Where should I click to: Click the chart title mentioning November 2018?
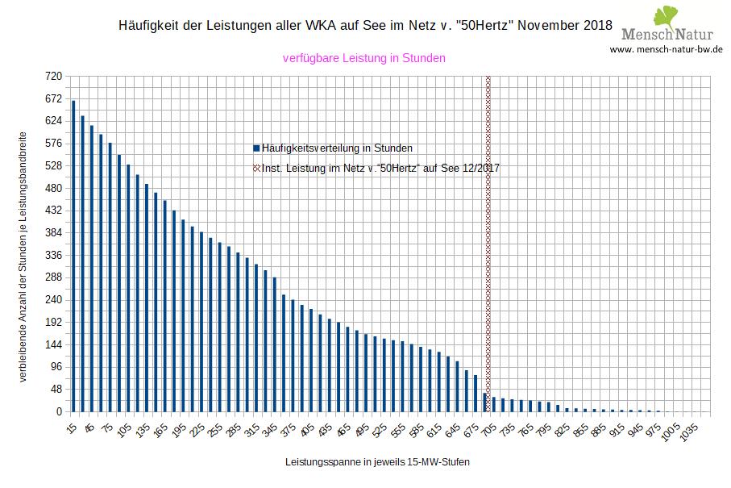click(x=365, y=25)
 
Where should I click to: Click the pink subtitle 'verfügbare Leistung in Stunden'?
click(x=364, y=58)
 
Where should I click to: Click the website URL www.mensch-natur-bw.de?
click(x=666, y=49)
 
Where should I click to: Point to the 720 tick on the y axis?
click(x=53, y=77)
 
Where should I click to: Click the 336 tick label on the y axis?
click(x=53, y=255)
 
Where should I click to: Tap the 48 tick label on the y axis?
click(x=56, y=389)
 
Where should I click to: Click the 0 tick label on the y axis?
click(x=58, y=411)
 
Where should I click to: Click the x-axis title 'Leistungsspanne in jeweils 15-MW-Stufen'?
click(x=377, y=463)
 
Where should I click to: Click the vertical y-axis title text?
click(x=25, y=256)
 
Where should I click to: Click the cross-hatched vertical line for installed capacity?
click(x=488, y=242)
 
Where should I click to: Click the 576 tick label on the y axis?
click(x=53, y=144)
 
